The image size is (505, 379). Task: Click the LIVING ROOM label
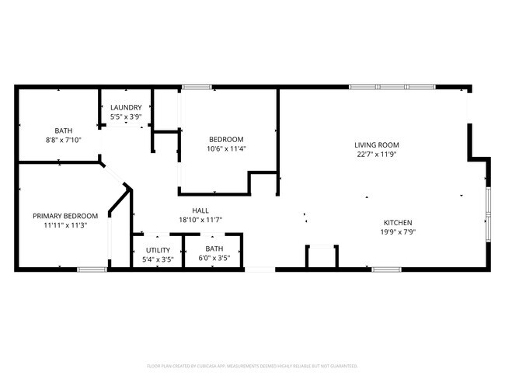pyautogui.click(x=376, y=144)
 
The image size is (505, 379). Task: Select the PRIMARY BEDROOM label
pyautogui.click(x=64, y=216)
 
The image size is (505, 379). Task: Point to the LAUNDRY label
pyautogui.click(x=125, y=108)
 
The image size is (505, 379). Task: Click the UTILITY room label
pyautogui.click(x=158, y=250)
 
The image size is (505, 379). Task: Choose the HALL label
pyautogui.click(x=200, y=210)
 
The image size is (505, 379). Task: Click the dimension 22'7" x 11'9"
pyautogui.click(x=376, y=154)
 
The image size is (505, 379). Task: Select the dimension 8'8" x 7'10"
pyautogui.click(x=63, y=140)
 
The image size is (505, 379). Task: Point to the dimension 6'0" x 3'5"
pyautogui.click(x=214, y=259)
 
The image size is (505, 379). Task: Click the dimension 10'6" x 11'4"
pyautogui.click(x=226, y=149)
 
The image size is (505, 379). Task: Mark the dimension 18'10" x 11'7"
pyautogui.click(x=200, y=220)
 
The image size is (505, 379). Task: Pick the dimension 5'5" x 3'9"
pyautogui.click(x=125, y=117)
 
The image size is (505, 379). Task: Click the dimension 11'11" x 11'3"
pyautogui.click(x=64, y=225)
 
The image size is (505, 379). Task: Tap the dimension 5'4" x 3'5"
pyautogui.click(x=158, y=259)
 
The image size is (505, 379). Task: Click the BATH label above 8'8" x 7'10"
pyautogui.click(x=63, y=130)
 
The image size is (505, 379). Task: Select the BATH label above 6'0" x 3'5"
pyautogui.click(x=214, y=249)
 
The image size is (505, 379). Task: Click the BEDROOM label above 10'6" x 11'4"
pyautogui.click(x=226, y=140)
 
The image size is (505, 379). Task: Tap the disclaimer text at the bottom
pyautogui.click(x=252, y=365)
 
